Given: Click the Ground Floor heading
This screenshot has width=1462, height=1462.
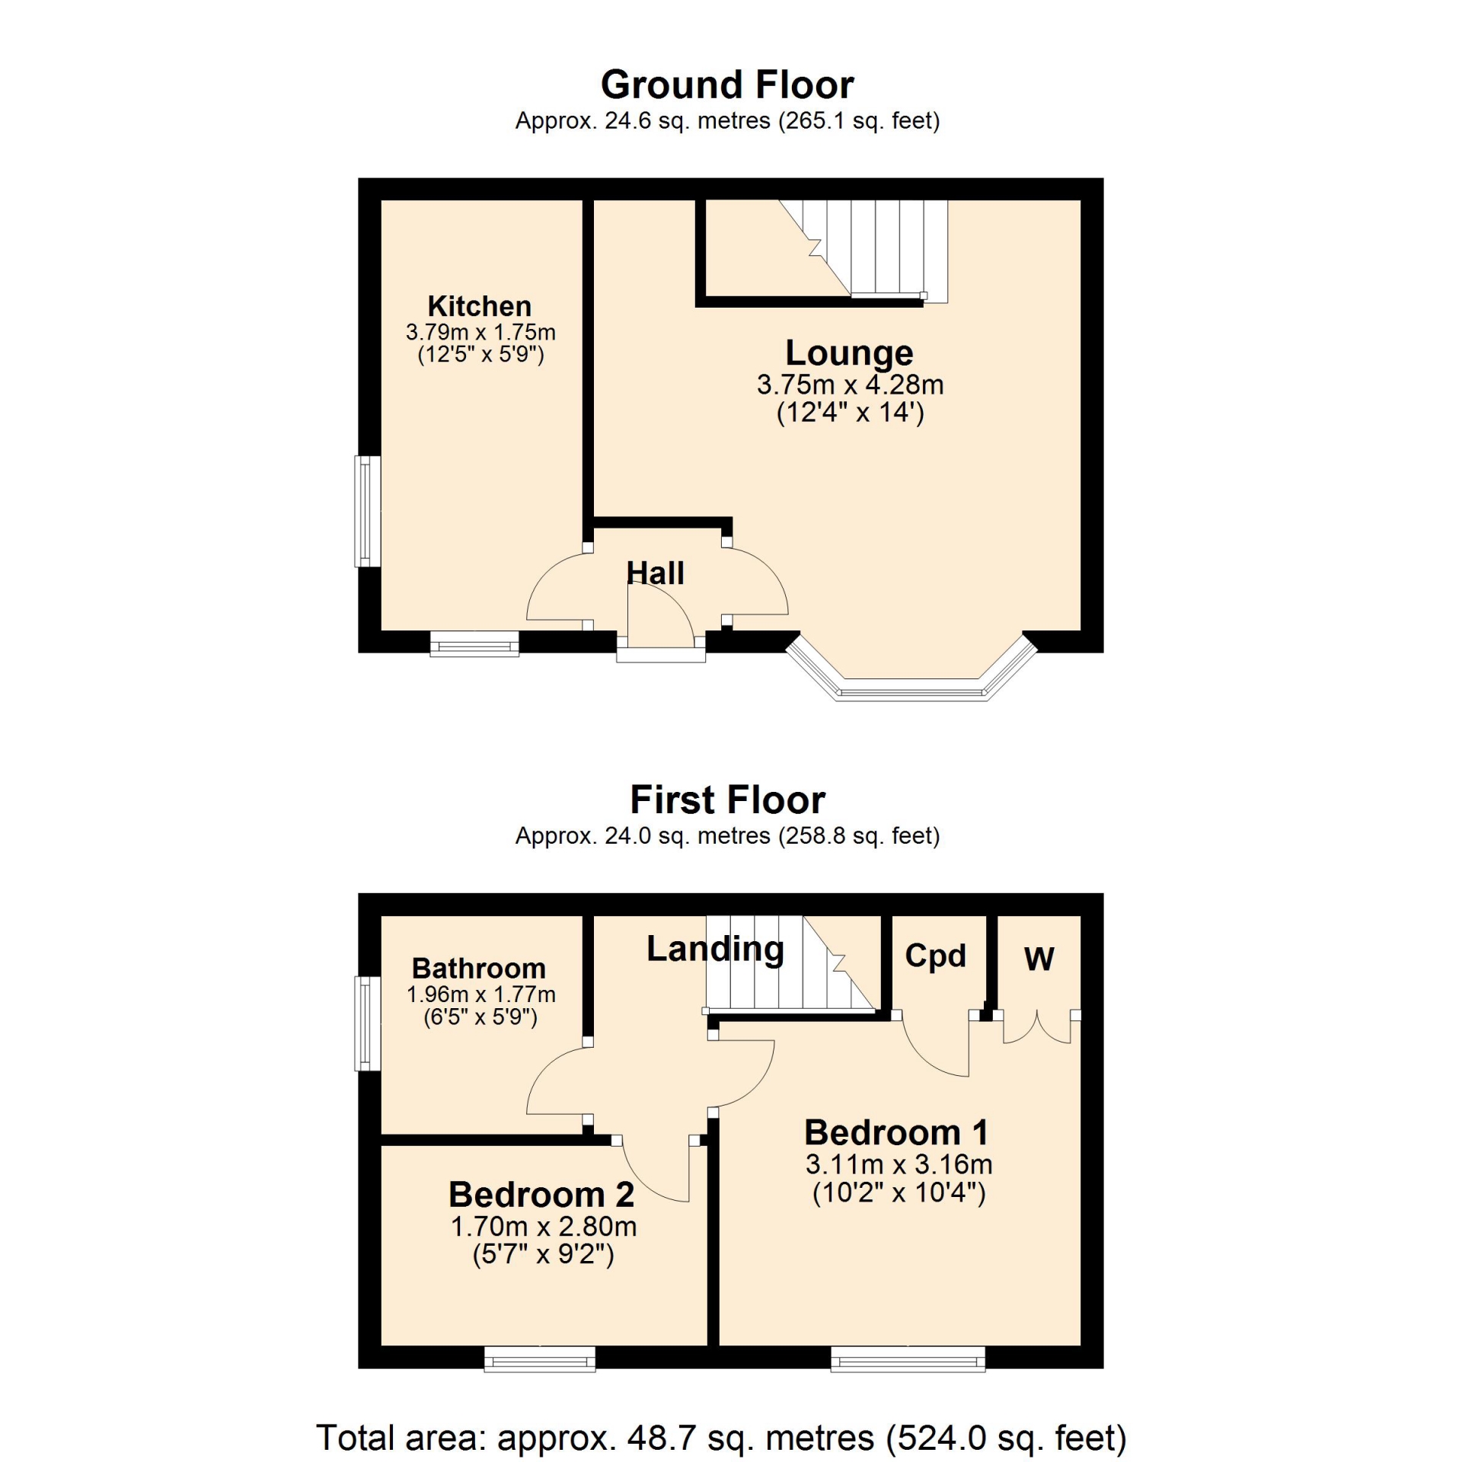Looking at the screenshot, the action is tap(727, 85).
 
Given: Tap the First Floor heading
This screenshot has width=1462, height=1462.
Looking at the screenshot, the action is tap(727, 800).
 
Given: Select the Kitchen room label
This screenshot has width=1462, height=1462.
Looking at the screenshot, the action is tap(480, 306).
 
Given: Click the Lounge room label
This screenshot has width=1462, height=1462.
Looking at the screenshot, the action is tap(849, 353).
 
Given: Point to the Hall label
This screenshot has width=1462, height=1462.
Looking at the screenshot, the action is tap(655, 573).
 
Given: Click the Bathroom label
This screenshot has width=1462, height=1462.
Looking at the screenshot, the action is tap(479, 969).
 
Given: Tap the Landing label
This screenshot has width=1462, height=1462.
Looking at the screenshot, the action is tap(715, 950).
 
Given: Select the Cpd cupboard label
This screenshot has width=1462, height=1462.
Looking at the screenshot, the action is tap(935, 956).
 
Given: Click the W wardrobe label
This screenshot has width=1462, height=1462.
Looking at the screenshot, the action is tap(1039, 959).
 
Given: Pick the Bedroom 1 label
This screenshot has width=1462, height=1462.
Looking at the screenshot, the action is tap(897, 1132).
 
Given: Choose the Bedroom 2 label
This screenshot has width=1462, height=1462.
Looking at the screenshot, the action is tap(541, 1194).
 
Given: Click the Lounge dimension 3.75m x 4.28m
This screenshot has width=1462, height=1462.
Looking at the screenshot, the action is tap(850, 385).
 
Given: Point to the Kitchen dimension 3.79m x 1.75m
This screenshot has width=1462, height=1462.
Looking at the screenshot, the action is tap(480, 333).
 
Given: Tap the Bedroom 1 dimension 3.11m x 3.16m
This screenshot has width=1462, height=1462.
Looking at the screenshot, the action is tap(899, 1164).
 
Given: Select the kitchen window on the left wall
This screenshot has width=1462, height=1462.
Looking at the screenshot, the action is tap(368, 512).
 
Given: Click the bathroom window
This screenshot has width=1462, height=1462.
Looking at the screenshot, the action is tap(368, 1023).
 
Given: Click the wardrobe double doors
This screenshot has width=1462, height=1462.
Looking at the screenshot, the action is tap(1037, 1026).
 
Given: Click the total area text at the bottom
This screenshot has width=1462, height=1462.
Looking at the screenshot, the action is tap(721, 1438).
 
